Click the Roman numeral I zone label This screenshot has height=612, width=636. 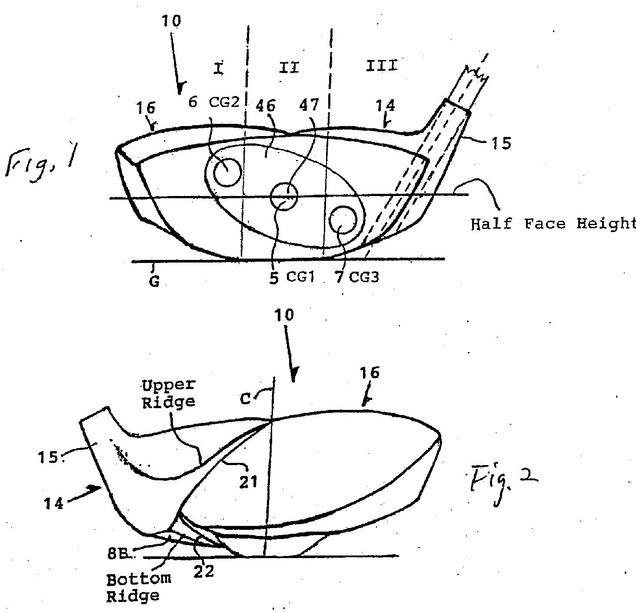pos(219,68)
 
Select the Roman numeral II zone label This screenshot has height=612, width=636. pos(289,68)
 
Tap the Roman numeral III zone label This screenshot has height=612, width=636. pos(382,66)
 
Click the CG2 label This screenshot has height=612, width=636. pos(224,102)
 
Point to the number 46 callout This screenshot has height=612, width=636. pos(265,106)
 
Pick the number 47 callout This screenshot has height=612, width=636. pos(309,105)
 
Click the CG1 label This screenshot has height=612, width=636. pos(300,277)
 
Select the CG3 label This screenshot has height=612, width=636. pos(364,277)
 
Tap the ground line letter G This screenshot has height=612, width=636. pos(154,281)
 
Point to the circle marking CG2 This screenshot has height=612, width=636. pos(228,172)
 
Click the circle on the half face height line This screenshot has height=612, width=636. pos(284,196)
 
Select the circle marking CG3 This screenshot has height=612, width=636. pos(343,220)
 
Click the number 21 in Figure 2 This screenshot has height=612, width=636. pos(248,482)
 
